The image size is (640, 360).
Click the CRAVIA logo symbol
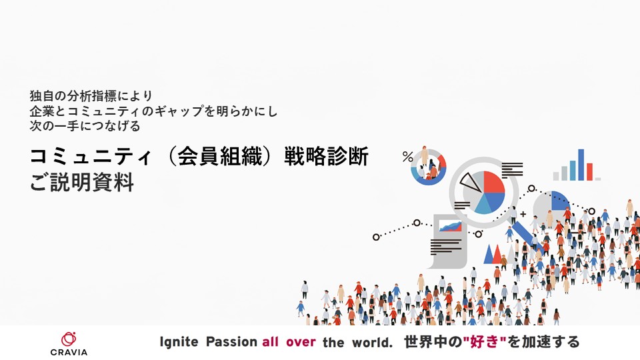click(69, 339)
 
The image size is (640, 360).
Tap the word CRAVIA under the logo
click(69, 352)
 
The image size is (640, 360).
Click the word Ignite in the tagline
click(179, 342)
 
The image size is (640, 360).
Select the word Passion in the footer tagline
click(231, 341)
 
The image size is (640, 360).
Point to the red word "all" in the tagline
click(271, 341)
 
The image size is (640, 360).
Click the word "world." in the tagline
click(372, 342)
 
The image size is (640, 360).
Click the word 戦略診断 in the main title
click(326, 156)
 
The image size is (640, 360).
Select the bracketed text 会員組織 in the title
click(220, 156)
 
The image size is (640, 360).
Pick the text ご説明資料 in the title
click(81, 182)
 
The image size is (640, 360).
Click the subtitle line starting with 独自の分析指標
click(91, 96)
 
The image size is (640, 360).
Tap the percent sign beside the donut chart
click(408, 157)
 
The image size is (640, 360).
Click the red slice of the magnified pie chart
click(493, 183)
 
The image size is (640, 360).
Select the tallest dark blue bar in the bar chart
click(581, 165)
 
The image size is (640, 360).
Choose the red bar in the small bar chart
click(589, 171)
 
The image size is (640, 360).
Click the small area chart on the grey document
click(450, 226)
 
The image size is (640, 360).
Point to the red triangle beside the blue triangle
click(497, 254)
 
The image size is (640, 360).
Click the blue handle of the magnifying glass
click(527, 235)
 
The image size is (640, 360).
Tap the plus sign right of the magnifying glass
click(523, 214)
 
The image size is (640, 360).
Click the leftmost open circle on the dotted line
click(376, 237)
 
